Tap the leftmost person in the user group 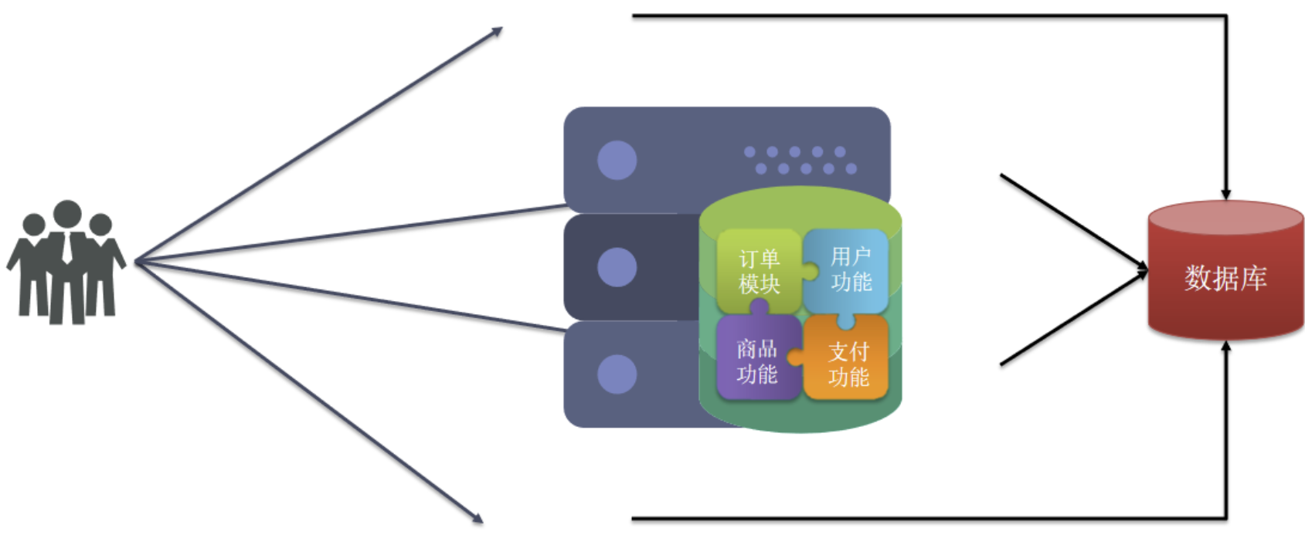coord(31,266)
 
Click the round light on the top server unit coord(617,160)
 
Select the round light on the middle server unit coord(617,267)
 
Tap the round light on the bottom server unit coord(617,374)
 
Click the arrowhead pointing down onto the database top coord(1225,195)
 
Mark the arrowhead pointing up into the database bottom coord(1225,346)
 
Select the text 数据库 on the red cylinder coord(1225,278)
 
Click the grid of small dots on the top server coord(800,160)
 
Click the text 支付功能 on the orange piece coord(848,364)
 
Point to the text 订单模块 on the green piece coord(759,271)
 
